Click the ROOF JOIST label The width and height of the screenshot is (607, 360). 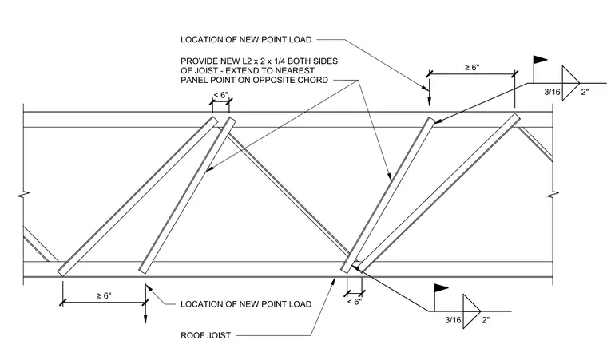coord(205,335)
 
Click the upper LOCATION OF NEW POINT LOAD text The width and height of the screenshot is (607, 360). coord(246,39)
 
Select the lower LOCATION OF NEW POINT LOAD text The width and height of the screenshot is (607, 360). coord(246,304)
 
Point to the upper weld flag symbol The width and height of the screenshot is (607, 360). coord(540,61)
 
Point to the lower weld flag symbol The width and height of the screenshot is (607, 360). coord(441,288)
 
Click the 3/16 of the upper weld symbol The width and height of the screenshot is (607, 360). coord(552,92)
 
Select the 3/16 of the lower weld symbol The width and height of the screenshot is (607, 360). coord(453,320)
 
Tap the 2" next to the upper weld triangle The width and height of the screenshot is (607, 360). coord(585,92)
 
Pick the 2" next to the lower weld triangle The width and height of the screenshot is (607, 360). coord(486,320)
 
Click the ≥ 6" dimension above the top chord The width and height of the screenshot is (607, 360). coord(472,67)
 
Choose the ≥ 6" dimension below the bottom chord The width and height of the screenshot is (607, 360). coord(104,295)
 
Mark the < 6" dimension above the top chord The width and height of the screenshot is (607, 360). coord(221,95)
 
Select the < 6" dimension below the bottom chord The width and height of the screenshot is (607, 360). coord(354,301)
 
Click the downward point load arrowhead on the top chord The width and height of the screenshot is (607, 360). coord(429,101)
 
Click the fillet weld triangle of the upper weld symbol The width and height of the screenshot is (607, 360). coord(570,83)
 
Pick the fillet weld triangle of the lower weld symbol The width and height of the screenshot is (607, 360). coord(471,311)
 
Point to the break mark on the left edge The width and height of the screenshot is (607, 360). coord(24,194)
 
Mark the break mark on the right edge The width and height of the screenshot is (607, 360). coord(553,194)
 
